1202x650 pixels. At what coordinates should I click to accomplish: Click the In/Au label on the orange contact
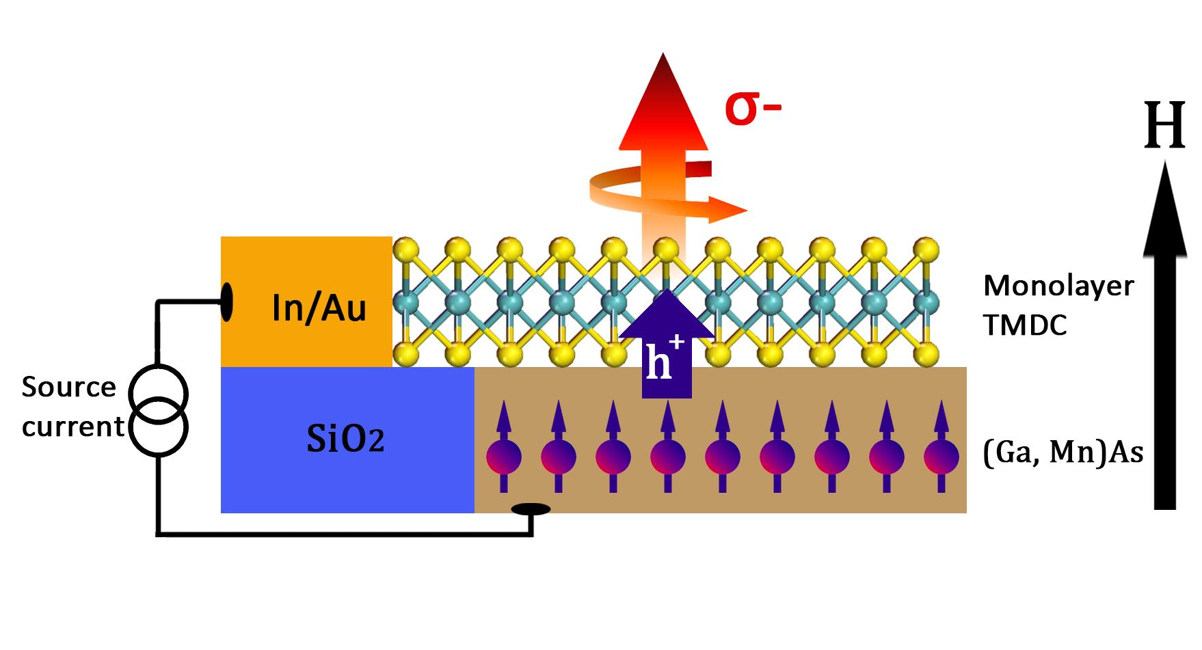[x=319, y=308]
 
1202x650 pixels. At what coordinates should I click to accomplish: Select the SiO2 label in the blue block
[x=345, y=440]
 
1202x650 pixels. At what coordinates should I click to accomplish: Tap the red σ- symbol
[x=752, y=109]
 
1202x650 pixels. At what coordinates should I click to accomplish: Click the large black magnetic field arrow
[x=1164, y=342]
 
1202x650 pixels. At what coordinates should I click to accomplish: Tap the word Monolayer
[x=1058, y=286]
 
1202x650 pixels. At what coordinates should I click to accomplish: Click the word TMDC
[x=1025, y=326]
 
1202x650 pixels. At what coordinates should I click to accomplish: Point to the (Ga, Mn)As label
[x=1063, y=452]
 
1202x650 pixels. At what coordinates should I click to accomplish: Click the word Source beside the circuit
[x=68, y=388]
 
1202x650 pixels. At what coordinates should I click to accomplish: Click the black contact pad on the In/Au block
[x=227, y=301]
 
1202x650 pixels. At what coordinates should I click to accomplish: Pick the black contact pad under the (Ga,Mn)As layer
[x=531, y=509]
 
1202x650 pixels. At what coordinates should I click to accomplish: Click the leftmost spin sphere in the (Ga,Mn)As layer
[x=503, y=457]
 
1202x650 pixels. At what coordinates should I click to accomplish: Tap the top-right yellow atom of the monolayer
[x=926, y=247]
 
